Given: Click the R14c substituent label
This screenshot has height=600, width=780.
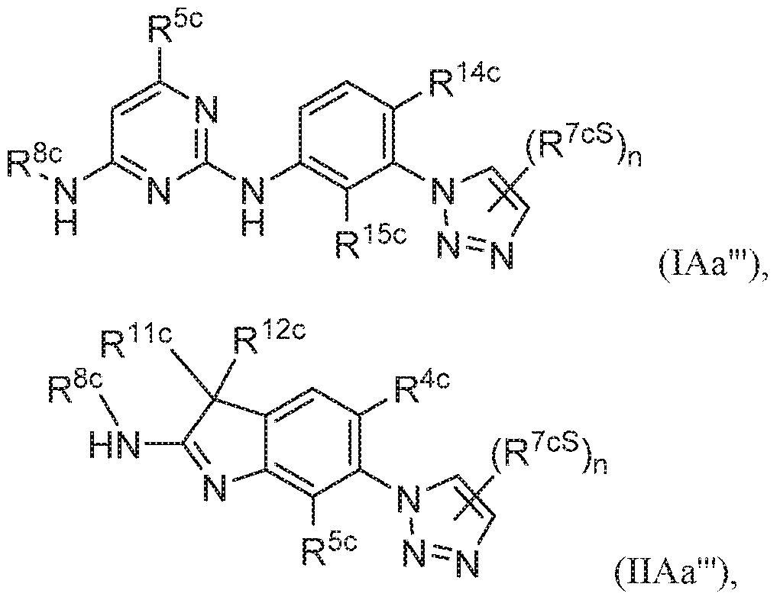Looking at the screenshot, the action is [x=464, y=81].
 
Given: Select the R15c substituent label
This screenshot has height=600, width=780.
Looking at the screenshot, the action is [x=371, y=239].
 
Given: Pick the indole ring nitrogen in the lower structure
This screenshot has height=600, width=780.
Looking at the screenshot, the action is [x=215, y=487].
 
